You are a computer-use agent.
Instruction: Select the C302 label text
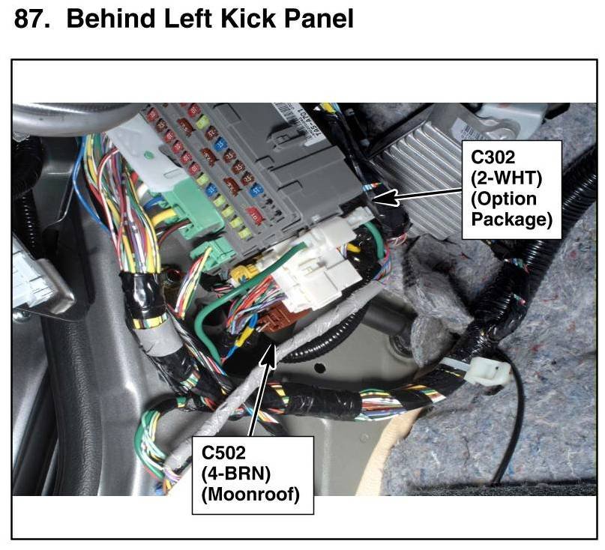click(x=494, y=158)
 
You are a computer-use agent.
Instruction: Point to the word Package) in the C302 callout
click(x=511, y=220)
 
